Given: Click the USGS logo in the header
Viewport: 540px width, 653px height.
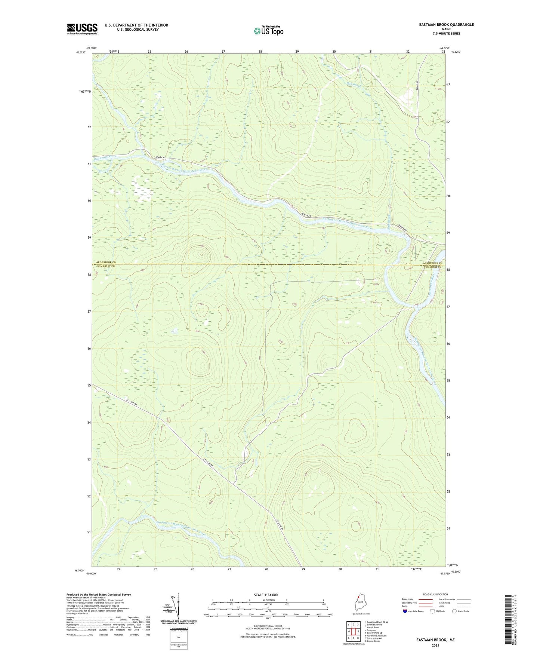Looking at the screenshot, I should click(82, 29).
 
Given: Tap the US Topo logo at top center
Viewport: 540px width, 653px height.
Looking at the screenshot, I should click(268, 30).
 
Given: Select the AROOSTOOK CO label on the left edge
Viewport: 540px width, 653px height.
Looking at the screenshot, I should click(106, 262).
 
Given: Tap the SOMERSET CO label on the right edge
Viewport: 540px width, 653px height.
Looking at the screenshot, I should click(433, 267).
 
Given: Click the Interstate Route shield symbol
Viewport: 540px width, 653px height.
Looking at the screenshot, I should click(405, 611).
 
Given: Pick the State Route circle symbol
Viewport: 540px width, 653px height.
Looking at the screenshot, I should click(454, 611).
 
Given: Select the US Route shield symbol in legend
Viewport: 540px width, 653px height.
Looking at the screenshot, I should click(432, 611).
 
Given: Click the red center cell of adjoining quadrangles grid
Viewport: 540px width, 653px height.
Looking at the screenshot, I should click(353, 631).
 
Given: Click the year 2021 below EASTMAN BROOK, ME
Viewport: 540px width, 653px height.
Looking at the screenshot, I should click(435, 645).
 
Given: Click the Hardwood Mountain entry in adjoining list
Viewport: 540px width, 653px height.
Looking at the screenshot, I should click(376, 635).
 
